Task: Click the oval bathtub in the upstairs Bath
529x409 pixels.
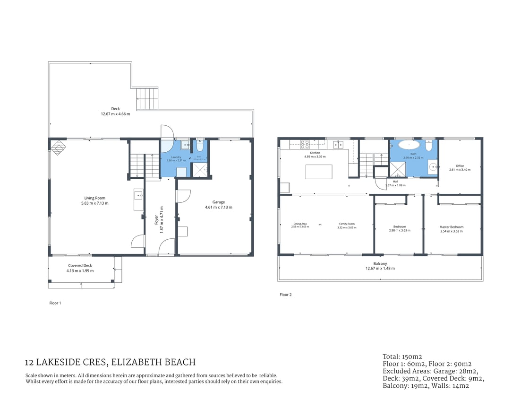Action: pos(407,145)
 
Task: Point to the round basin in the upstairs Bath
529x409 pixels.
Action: pos(433,166)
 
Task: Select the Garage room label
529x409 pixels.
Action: pos(218,202)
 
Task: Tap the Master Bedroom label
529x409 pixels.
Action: pos(451,227)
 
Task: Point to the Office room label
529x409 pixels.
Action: pos(460,166)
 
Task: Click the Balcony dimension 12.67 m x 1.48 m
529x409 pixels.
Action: pos(380,268)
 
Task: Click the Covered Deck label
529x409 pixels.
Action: pos(80,266)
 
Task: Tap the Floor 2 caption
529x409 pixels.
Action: pos(285,295)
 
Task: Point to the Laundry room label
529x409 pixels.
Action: pos(176,157)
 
